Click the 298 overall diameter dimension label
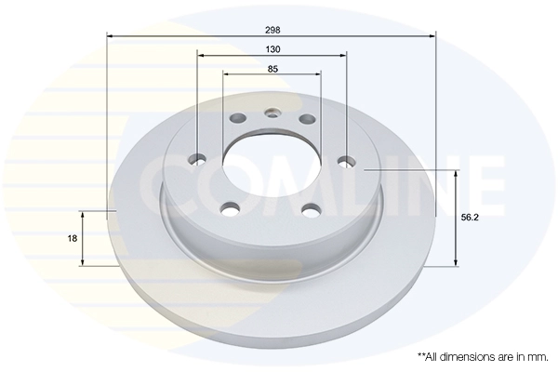(x=272, y=30)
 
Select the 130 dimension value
(x=272, y=49)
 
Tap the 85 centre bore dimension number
(x=272, y=69)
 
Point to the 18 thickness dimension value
(x=73, y=238)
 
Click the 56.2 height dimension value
(x=470, y=218)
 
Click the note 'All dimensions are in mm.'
(x=483, y=357)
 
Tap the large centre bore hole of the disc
(x=272, y=165)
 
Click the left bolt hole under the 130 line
(x=197, y=159)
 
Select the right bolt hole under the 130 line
(x=347, y=162)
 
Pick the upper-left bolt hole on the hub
(x=238, y=117)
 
